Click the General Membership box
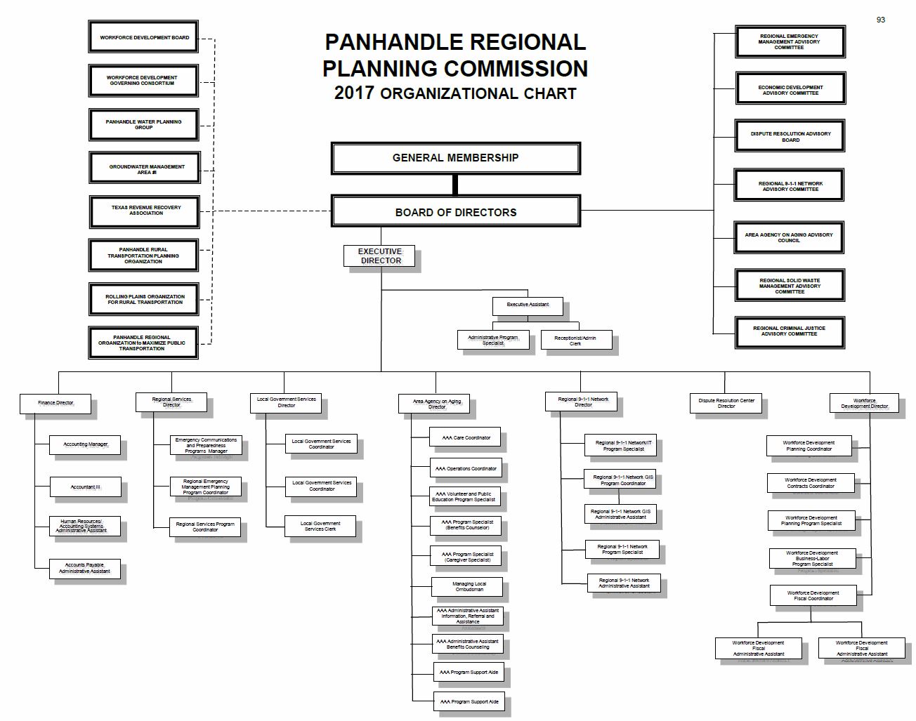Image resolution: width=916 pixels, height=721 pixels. pos(455,158)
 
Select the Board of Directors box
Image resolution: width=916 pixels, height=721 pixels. pos(455,212)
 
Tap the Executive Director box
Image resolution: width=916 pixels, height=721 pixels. pos(379,256)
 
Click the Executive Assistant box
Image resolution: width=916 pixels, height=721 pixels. pos(528,305)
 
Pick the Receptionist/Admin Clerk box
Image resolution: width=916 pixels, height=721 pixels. pos(575,340)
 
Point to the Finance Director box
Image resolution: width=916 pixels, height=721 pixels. pos(55,404)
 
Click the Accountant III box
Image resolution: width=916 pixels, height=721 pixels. pos(85,487)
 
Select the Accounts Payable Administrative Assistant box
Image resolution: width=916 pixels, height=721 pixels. pos(84,568)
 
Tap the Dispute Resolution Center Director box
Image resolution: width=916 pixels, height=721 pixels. pos(726,403)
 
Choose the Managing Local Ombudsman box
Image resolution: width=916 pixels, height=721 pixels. pos(469,586)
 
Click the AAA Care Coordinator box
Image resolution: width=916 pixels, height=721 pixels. pos(466,437)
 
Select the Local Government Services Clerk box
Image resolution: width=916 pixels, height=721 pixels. pos(320,526)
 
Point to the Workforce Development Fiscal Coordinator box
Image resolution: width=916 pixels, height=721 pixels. pos(813,595)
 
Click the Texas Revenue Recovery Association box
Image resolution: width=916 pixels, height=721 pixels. pos(145,211)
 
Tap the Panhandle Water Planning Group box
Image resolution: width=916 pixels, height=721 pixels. pos(143,124)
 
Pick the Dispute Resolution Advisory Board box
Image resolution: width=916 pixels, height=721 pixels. pos(790,136)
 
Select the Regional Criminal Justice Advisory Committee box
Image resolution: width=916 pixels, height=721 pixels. pos(789,331)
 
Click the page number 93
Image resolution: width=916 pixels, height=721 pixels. pos(881,20)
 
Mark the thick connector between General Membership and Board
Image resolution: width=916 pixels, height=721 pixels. pos(455,185)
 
